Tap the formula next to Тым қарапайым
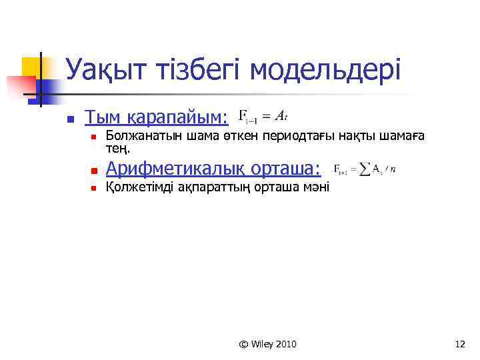pos(263,116)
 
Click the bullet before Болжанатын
pos(94,137)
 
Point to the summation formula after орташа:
pos(364,169)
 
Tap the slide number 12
pos(459,344)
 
